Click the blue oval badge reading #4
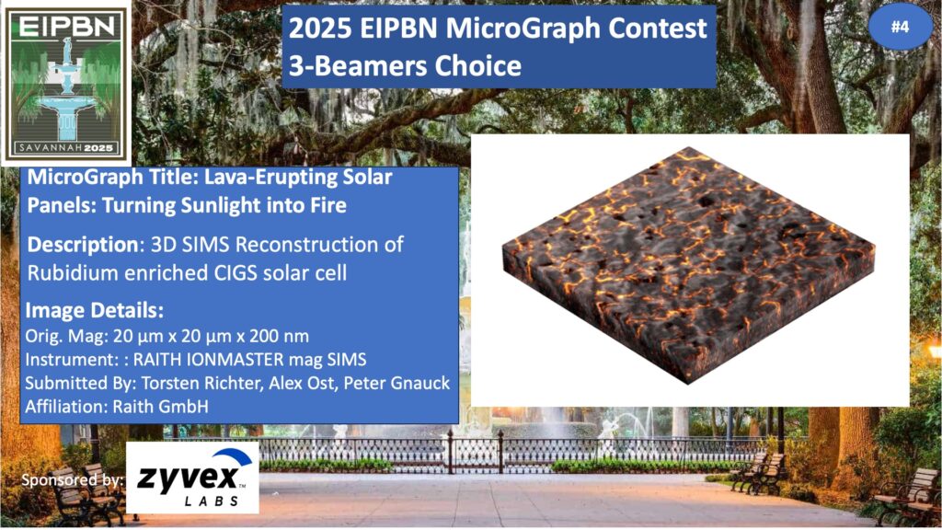coord(900,27)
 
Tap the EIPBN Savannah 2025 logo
coord(66,83)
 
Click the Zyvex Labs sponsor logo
coord(192,478)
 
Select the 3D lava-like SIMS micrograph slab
coord(688,264)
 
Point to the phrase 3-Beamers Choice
coord(405,65)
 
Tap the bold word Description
coord(83,245)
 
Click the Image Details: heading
coord(95,311)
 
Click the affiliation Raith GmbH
coord(160,407)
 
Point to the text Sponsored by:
coord(73,480)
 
